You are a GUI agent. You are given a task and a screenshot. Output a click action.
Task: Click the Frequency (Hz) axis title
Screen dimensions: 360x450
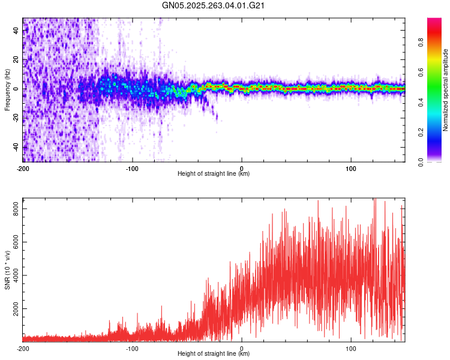7,89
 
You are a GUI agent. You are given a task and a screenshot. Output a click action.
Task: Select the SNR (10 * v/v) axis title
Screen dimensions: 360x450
7,269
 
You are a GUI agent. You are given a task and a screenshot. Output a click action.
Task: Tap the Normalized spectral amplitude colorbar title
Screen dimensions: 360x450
446,90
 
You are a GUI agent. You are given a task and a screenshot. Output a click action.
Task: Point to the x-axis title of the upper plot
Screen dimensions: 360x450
214,173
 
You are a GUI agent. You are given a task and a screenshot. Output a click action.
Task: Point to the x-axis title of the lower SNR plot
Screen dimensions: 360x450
214,353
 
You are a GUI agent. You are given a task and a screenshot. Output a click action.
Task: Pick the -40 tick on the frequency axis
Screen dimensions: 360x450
15,147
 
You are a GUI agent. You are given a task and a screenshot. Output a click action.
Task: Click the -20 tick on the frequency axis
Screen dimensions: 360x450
15,118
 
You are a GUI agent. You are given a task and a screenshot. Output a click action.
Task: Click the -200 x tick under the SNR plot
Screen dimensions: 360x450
23,348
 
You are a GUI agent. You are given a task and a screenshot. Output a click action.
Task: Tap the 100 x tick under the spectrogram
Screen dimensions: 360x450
351,168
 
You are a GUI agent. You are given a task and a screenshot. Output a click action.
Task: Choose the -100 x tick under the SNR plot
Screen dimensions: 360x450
132,348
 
